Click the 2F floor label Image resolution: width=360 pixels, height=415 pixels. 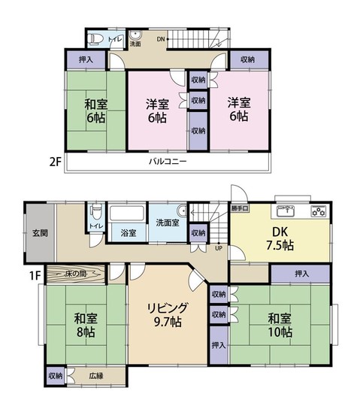point(54,161)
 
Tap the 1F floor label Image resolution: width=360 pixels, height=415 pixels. point(35,274)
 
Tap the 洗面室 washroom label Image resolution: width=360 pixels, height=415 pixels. point(167,223)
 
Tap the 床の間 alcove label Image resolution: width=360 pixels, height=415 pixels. point(78,274)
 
